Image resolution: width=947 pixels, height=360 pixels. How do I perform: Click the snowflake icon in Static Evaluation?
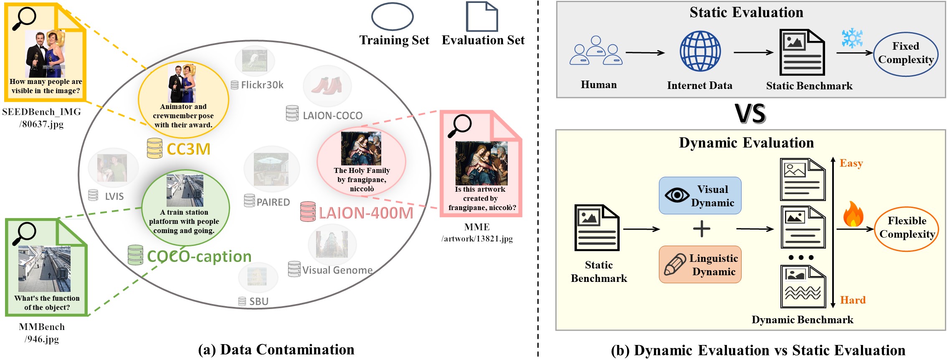[x=852, y=38]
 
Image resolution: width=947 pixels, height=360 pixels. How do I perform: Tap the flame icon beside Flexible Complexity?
[x=853, y=214]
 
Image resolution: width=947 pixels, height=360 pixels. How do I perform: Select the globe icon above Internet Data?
[x=700, y=51]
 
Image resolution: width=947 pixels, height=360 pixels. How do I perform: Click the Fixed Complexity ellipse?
[x=906, y=54]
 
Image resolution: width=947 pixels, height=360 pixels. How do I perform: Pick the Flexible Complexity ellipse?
[x=906, y=228]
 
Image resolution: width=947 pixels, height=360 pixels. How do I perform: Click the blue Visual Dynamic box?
[x=700, y=195]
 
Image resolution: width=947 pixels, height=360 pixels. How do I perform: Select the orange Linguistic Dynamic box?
[x=700, y=264]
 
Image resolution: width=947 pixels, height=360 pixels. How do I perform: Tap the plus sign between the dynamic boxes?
[x=701, y=229]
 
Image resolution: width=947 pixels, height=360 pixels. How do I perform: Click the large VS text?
[x=750, y=114]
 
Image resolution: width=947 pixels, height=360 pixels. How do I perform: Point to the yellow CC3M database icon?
[x=154, y=148]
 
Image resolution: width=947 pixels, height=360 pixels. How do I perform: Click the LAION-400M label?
[x=366, y=213]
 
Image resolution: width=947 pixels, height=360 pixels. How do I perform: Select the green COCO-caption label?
[x=199, y=256]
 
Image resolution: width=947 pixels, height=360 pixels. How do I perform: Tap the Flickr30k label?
[x=262, y=85]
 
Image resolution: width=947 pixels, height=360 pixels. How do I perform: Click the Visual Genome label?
[x=337, y=270]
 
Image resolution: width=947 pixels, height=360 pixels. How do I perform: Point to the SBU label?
[x=258, y=301]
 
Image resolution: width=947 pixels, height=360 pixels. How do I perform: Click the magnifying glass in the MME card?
[x=459, y=126]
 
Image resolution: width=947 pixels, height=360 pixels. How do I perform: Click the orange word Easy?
[x=851, y=163]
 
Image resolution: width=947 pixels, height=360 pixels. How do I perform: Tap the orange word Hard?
[x=853, y=300]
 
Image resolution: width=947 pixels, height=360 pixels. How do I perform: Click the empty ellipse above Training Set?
[x=392, y=17]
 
